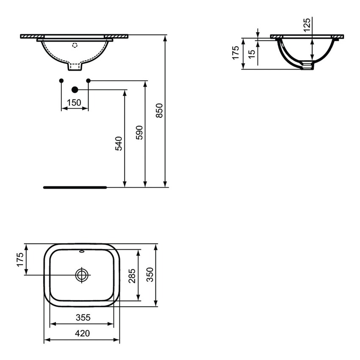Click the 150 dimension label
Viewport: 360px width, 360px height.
(75, 102)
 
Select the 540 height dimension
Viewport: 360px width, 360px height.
(119, 143)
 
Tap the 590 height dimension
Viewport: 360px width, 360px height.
(140, 133)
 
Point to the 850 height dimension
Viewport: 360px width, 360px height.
(159, 111)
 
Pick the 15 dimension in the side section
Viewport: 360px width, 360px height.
(252, 53)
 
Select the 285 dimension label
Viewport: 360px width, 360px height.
(132, 276)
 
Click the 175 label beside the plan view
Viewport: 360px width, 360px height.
(19, 259)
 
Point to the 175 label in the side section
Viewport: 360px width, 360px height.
(236, 53)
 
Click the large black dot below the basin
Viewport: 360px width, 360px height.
(75, 89)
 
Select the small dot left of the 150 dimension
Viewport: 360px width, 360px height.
(61, 80)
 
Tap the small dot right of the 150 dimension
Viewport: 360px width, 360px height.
(88, 80)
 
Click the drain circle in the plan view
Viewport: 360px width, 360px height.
(82, 275)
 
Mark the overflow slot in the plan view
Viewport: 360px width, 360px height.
(82, 251)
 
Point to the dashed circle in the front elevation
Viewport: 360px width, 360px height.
(75, 45)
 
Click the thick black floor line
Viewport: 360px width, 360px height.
(75, 187)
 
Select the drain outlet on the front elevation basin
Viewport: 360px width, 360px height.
(75, 67)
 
